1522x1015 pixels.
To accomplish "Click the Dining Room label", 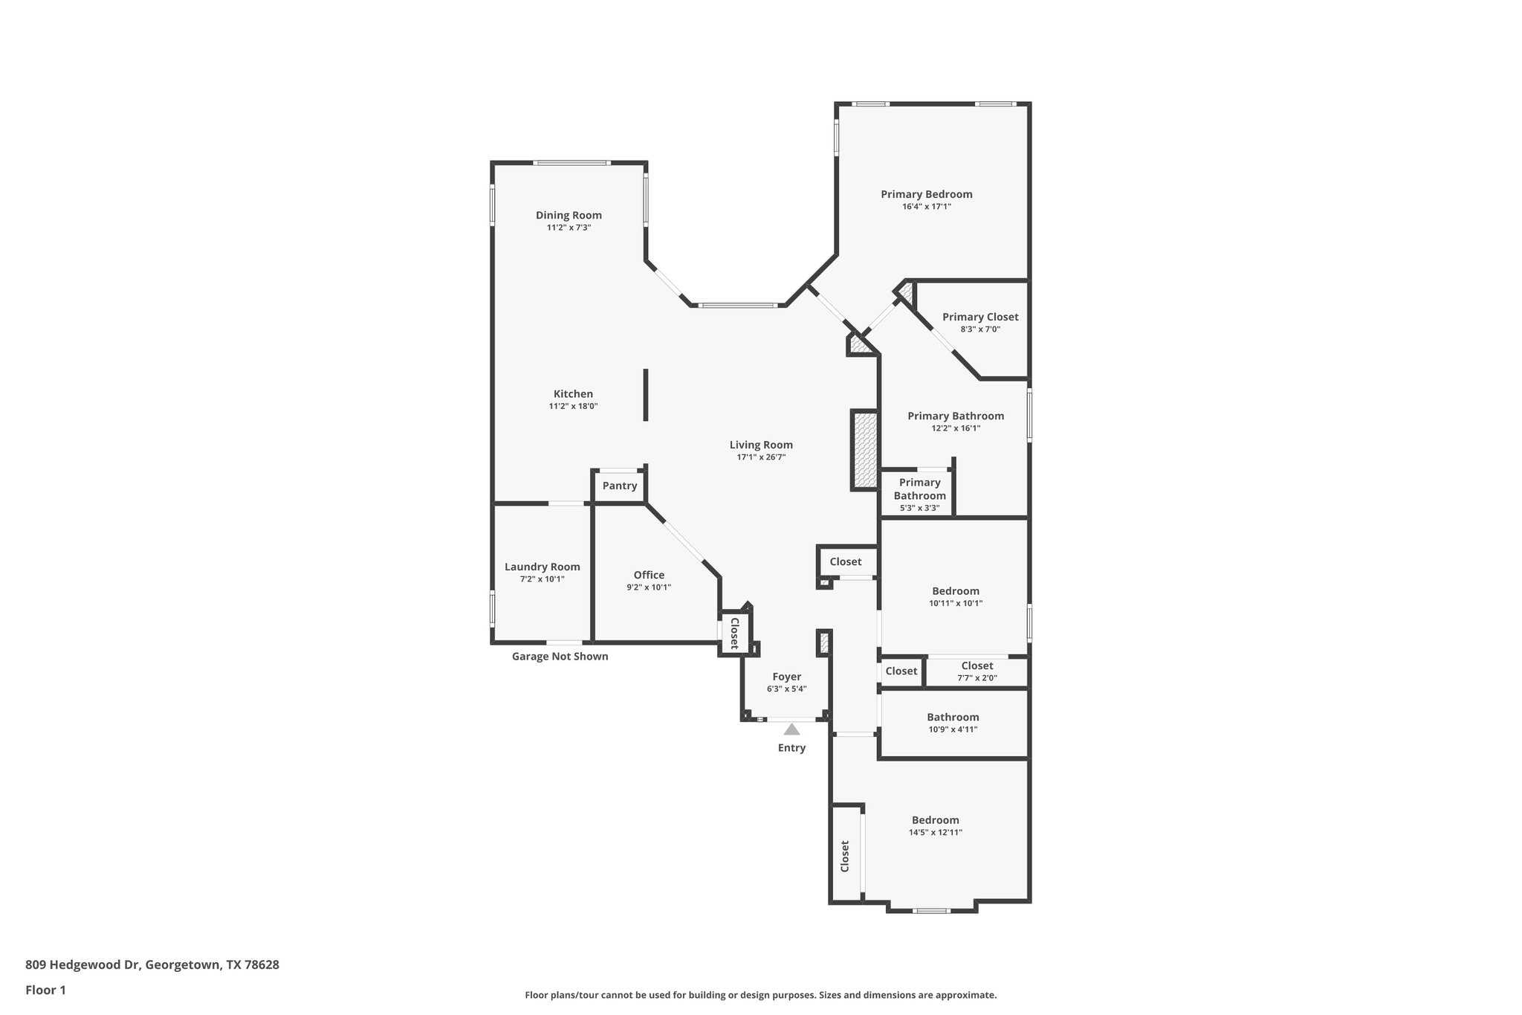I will [x=569, y=216].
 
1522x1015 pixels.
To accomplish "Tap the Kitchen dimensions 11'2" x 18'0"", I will [x=573, y=407].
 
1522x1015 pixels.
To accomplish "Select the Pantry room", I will [x=620, y=486].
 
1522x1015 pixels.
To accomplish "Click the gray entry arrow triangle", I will [x=791, y=729].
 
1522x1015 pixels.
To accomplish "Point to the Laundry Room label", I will [x=542, y=567].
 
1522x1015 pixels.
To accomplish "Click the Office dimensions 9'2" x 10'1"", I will [x=649, y=587].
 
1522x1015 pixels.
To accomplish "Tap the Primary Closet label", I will [x=980, y=317].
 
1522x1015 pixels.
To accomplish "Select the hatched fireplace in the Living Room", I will [x=864, y=450].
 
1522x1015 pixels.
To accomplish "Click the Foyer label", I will [x=786, y=677].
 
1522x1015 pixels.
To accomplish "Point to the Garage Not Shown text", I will [x=560, y=657].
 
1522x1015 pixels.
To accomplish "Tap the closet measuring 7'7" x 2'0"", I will [x=977, y=671].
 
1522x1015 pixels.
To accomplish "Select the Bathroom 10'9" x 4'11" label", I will [x=953, y=718].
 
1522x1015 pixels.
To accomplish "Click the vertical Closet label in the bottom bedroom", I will [x=845, y=856].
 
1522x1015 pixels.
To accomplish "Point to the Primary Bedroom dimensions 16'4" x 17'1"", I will [x=926, y=207].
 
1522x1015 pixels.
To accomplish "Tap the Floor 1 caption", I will [x=45, y=990].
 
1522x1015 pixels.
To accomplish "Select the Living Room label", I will [x=761, y=445].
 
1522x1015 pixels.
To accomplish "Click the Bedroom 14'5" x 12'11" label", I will [x=935, y=820].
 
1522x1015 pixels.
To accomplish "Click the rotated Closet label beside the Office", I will [x=734, y=633].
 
